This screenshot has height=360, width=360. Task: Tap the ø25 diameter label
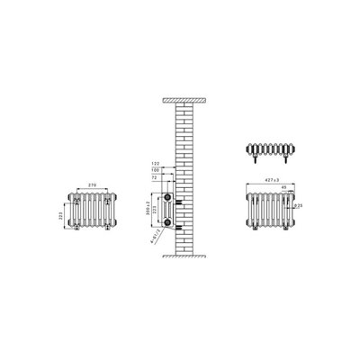[300, 206]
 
